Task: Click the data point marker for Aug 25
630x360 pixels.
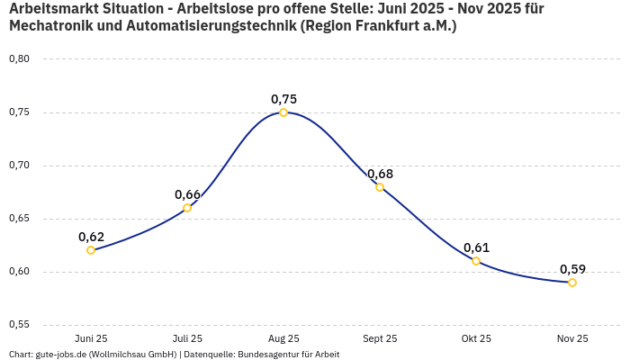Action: (x=283, y=112)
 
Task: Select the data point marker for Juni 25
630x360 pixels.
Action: (x=91, y=250)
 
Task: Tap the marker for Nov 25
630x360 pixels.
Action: (x=572, y=283)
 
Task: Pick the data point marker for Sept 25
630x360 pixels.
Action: (x=380, y=187)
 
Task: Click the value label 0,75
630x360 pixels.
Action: (x=283, y=99)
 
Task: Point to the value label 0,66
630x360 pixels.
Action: (x=187, y=194)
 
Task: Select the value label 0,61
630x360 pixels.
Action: (x=476, y=247)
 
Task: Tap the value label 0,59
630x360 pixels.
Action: (x=572, y=269)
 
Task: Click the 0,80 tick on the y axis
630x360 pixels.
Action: (x=19, y=59)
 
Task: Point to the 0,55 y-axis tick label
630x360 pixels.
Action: (x=19, y=325)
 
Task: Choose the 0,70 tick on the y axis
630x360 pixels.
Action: (x=19, y=166)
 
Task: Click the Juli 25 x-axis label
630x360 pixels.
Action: (x=187, y=338)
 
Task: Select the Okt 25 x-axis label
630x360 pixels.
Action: (x=476, y=338)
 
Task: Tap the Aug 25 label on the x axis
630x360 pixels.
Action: (x=283, y=338)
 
